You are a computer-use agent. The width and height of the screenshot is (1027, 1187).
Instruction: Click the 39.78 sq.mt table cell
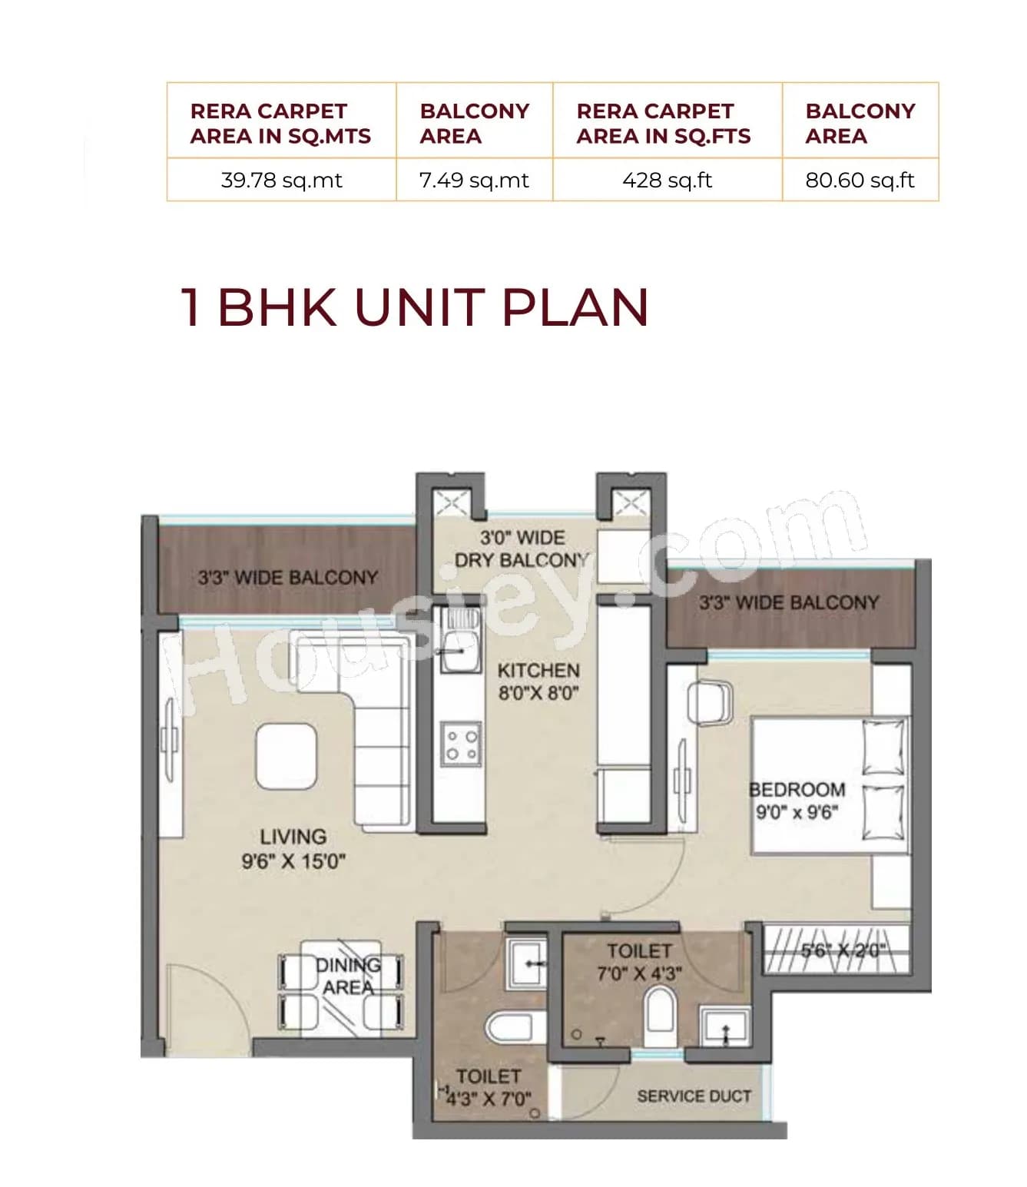(281, 181)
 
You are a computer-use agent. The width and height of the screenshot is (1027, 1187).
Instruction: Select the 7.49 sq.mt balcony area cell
(474, 181)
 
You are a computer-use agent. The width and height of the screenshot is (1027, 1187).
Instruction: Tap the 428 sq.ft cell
(667, 181)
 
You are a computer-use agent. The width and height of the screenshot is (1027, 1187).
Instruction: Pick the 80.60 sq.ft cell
(860, 181)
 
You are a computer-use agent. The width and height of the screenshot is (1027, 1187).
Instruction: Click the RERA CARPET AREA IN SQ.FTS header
(664, 123)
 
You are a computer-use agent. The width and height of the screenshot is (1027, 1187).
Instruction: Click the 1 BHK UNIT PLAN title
(414, 307)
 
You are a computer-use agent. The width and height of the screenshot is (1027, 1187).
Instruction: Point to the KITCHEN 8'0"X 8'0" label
(538, 681)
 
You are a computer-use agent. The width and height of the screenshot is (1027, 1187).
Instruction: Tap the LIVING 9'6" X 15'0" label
(293, 848)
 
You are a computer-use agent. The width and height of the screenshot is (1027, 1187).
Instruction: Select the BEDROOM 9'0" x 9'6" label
(797, 801)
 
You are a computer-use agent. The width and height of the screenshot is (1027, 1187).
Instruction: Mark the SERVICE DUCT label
(694, 1096)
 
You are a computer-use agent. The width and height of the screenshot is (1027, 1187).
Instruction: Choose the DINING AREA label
(348, 976)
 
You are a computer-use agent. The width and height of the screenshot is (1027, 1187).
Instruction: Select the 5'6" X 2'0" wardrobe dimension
(843, 950)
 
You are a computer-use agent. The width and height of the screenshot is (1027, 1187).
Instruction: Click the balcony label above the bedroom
(788, 602)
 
